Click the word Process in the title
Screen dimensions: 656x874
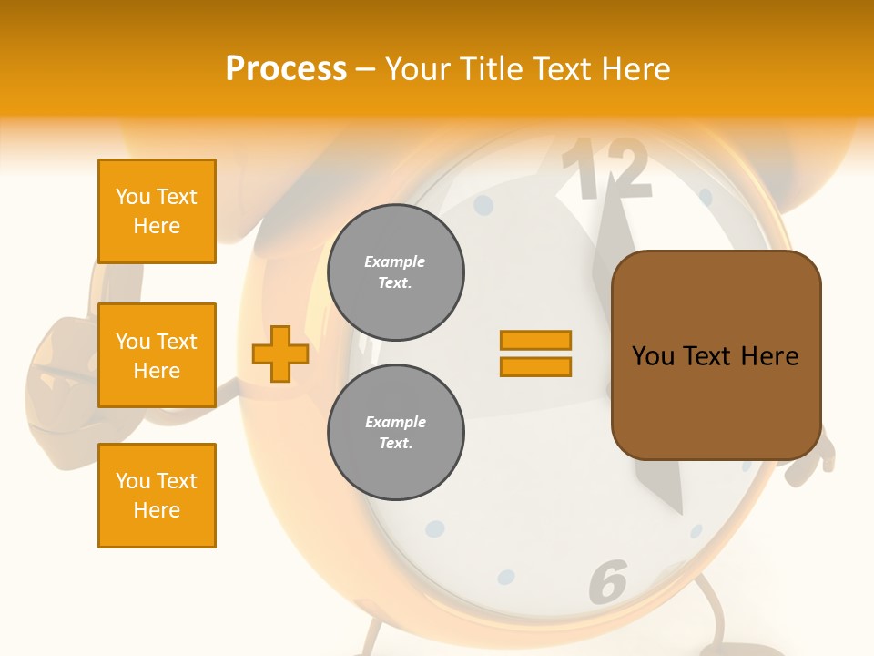pos(286,69)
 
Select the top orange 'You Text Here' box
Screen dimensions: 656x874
pos(157,211)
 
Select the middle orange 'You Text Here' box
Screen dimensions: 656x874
pos(157,355)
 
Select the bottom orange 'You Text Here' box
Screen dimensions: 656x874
pos(157,496)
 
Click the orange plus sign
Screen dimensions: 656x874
pos(279,354)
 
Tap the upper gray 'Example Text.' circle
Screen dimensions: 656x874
pos(396,272)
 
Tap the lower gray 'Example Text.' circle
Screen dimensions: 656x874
pos(396,433)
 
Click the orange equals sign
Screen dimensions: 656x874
pos(535,354)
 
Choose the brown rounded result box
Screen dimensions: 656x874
pos(716,355)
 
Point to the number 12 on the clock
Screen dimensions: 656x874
pos(605,169)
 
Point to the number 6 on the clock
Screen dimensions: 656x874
pos(608,579)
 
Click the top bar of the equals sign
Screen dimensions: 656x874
pos(535,340)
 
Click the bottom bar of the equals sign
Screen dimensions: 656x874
pos(535,367)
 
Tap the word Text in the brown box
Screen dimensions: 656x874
pos(716,356)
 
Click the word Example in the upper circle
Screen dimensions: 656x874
pos(394,261)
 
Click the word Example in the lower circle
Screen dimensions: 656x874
pos(395,422)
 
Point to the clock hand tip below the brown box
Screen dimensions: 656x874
pos(679,510)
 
